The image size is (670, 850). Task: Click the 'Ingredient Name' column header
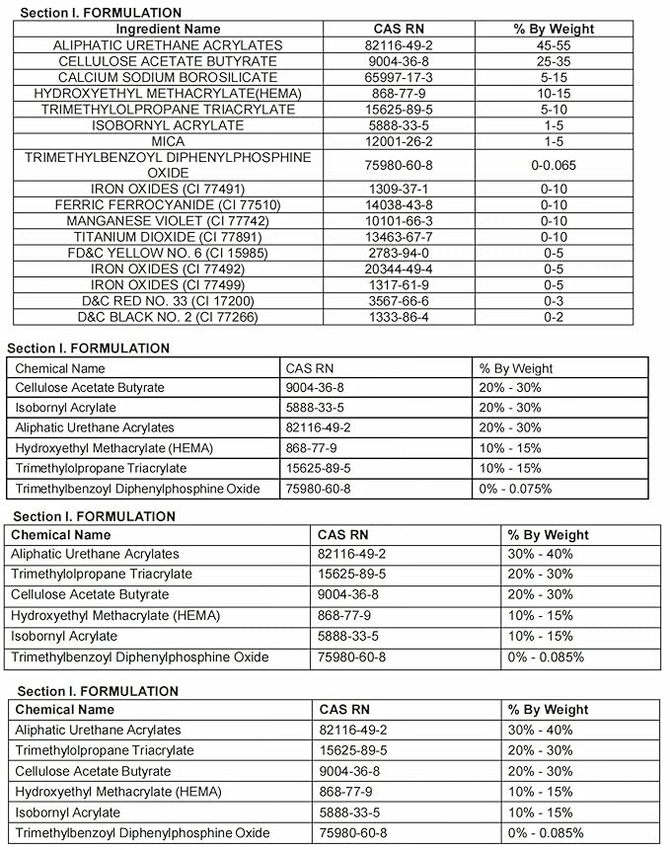[168, 29]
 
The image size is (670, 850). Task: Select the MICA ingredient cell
[168, 141]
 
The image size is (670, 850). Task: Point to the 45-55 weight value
[554, 45]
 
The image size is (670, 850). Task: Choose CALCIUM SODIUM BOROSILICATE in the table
[168, 77]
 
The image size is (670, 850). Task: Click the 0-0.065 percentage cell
[554, 165]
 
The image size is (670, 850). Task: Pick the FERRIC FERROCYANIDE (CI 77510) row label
[168, 204]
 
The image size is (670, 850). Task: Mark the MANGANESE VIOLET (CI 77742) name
[168, 220]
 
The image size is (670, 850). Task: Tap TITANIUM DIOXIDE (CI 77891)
[168, 237]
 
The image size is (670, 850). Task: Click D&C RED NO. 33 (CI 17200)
[168, 300]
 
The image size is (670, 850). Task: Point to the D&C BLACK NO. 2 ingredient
[168, 317]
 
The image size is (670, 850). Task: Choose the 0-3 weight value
[554, 300]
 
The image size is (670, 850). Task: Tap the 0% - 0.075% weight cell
[515, 489]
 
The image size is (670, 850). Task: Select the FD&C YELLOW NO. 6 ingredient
[168, 253]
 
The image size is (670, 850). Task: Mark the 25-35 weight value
[554, 61]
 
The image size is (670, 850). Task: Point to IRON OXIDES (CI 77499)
[168, 284]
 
